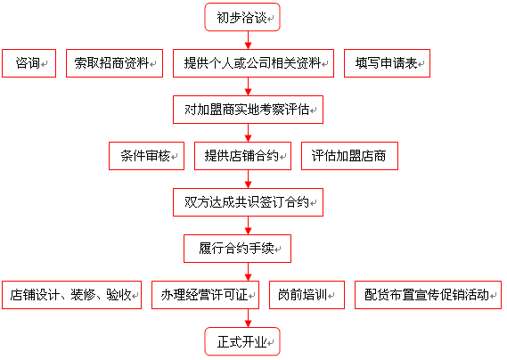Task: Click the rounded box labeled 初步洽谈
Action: pos(242,17)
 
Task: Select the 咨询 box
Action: pos(29,63)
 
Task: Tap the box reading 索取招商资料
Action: pos(114,63)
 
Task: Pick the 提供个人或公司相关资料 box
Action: pos(253,63)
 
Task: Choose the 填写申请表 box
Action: pos(387,63)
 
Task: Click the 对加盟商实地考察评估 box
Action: pos(248,110)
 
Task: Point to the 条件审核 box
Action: pos(146,156)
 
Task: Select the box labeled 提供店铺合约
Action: pos(243,156)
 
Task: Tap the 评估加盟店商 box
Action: pos(349,156)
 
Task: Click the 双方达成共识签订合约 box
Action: pos(248,202)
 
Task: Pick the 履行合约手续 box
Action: pos(237,249)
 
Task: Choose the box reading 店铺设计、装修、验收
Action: pos(72,295)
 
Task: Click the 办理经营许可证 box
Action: pos(205,295)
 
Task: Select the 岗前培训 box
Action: pos(307,295)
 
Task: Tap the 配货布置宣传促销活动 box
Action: pos(428,295)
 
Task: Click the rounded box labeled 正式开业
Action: pos(242,341)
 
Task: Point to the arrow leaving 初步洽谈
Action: pos(248,40)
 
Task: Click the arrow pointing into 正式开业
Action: pos(248,318)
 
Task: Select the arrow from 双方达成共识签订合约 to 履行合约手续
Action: pos(248,225)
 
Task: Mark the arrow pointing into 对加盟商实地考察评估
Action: pos(248,86)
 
